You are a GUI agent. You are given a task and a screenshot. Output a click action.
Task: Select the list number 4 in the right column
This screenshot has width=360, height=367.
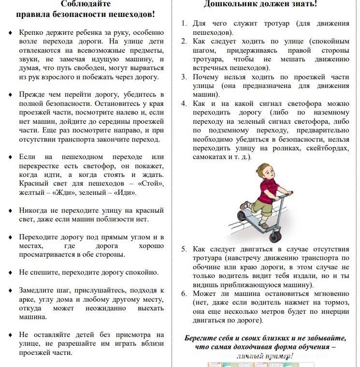coord(184,104)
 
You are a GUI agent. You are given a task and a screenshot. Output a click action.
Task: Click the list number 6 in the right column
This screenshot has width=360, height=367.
coord(184,294)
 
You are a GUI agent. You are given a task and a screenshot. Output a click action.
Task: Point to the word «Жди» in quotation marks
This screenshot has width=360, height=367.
coord(64,193)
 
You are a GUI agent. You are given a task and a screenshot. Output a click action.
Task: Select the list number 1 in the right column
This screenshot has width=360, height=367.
coord(184,23)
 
